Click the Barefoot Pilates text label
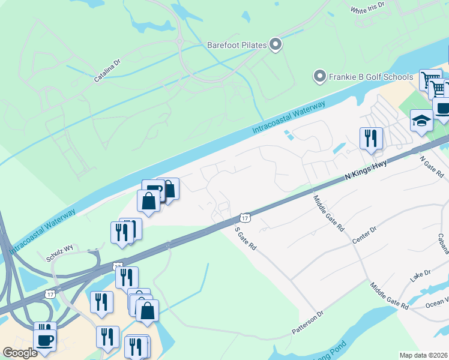(237, 45)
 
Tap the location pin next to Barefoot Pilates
(276, 44)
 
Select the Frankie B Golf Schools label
(371, 77)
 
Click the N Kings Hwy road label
(366, 170)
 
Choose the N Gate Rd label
(430, 168)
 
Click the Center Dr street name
(364, 235)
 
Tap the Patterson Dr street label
(308, 322)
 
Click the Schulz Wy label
(59, 257)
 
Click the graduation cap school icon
(421, 121)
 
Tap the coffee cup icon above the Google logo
(44, 340)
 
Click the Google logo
(20, 353)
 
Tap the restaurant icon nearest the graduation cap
(370, 139)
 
